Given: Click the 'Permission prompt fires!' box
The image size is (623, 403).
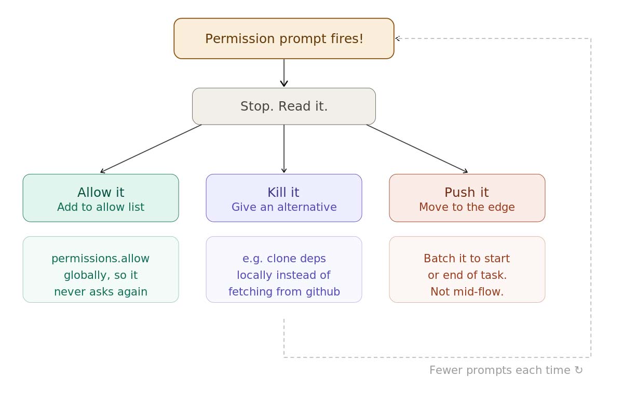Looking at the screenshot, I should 284,38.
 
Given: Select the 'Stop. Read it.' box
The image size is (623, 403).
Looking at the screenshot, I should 284,106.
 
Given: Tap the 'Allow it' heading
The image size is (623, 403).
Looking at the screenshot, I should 101,193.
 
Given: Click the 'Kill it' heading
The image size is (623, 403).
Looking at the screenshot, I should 283,193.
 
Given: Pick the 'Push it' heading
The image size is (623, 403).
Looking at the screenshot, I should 466,193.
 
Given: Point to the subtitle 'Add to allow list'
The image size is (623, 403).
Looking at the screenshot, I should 101,207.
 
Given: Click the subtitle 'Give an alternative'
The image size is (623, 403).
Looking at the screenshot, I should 284,207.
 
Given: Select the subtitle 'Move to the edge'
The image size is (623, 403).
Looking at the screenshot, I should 467,207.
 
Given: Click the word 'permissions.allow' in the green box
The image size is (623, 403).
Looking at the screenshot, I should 100,259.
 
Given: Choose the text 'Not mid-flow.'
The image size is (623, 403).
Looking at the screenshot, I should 467,292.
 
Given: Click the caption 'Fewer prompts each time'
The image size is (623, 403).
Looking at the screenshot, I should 499,370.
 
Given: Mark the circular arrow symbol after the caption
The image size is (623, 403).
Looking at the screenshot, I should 578,370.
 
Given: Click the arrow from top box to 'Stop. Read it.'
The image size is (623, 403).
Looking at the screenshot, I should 284,73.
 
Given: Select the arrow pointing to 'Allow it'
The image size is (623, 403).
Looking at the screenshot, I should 151,149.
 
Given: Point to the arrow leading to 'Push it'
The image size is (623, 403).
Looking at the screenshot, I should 417,149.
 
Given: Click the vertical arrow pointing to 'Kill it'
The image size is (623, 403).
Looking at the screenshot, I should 284,149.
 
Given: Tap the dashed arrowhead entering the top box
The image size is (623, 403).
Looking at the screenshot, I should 398,38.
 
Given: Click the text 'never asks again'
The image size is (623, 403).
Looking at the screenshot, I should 101,292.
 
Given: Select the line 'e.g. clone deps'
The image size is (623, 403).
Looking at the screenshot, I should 284,259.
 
